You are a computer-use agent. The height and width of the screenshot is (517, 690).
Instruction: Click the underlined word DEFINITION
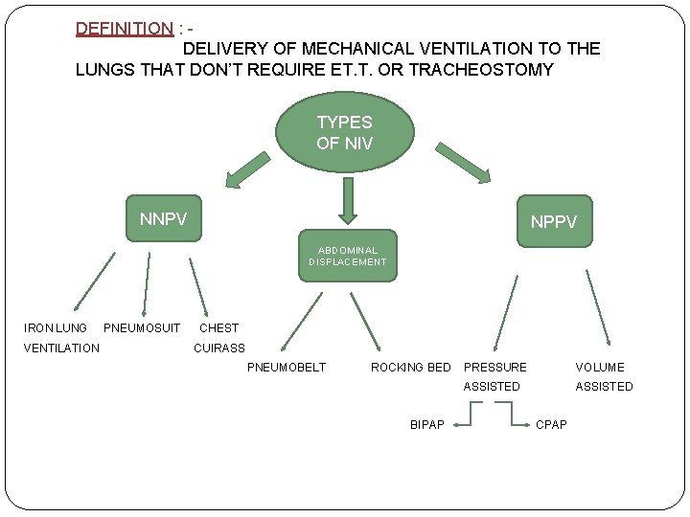(x=124, y=29)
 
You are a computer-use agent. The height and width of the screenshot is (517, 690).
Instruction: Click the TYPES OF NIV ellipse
(x=344, y=132)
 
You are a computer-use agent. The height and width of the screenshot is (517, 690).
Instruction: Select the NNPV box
(x=163, y=220)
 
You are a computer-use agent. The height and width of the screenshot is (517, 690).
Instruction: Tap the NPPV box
(x=554, y=221)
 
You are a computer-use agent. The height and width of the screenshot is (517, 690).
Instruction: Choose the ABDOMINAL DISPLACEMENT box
(x=347, y=256)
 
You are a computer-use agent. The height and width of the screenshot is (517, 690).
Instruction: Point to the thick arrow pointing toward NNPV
(x=245, y=169)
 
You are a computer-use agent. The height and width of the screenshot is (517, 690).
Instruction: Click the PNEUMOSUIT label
(x=141, y=328)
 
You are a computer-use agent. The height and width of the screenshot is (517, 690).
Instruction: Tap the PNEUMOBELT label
(x=287, y=367)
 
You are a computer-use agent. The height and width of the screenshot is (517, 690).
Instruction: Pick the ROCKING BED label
(x=410, y=367)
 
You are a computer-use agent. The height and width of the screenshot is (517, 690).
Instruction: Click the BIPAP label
(x=426, y=424)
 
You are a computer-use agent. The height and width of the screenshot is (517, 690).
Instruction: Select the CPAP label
(x=551, y=424)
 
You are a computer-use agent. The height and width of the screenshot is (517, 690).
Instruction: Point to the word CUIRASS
(x=219, y=348)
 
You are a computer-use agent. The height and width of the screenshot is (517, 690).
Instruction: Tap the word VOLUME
(x=599, y=367)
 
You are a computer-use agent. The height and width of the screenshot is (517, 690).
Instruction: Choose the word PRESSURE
(x=494, y=367)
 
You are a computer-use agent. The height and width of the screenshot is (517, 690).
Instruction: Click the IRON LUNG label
(x=55, y=328)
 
